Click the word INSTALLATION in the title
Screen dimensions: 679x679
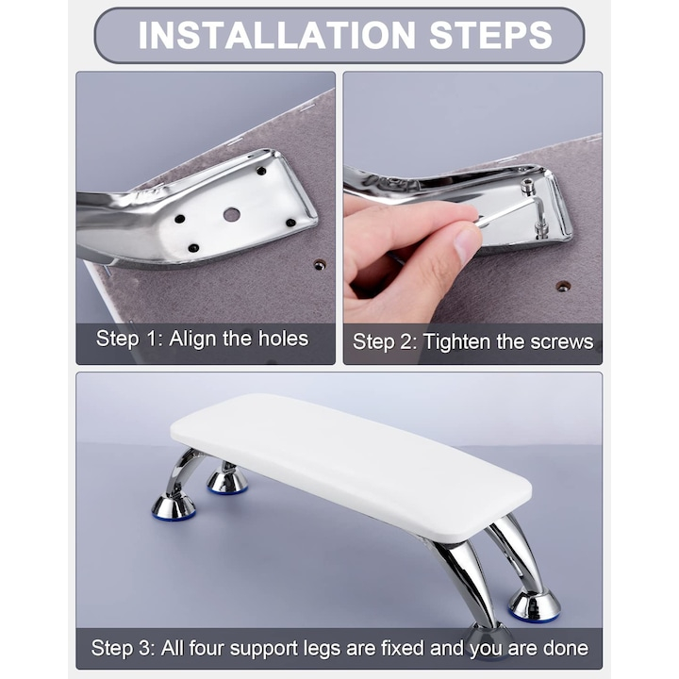pos(277,35)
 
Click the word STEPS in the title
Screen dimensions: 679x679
pos(490,35)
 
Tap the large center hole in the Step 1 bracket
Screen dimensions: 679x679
pos(232,214)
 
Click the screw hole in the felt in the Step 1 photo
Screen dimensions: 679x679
pos(320,265)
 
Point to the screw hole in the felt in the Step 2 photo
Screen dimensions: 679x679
pos(562,286)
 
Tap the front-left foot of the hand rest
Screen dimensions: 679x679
pos(174,505)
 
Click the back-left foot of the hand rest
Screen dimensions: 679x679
pos(227,482)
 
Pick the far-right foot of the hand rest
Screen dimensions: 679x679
pos(535,605)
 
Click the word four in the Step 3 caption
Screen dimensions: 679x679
pos(206,648)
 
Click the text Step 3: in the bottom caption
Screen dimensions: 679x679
pos(123,648)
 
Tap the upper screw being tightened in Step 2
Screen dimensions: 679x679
pos(527,185)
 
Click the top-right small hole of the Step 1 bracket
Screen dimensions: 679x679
pos(261,171)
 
